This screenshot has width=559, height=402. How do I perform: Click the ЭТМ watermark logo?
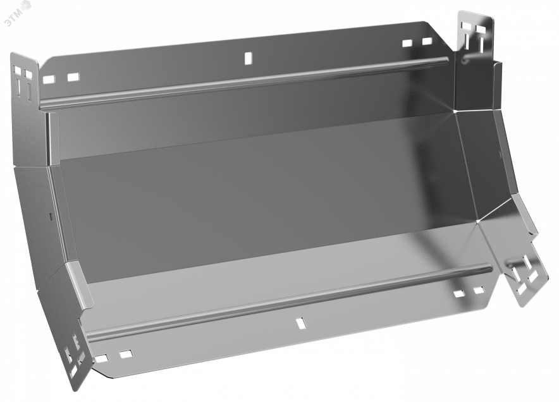[x=18, y=13]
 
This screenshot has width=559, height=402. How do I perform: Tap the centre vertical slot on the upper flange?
[x=248, y=58]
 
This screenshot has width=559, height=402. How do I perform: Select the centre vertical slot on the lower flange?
[x=300, y=323]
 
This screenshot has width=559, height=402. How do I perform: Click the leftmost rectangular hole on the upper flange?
[x=49, y=79]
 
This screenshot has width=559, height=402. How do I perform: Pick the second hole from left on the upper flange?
[x=73, y=76]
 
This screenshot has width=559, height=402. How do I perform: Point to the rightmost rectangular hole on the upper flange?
[x=427, y=41]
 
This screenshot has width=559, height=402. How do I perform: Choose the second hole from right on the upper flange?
[x=407, y=43]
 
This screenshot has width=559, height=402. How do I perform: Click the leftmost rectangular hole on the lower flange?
[x=102, y=358]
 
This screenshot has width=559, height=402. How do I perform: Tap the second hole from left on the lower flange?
[x=125, y=354]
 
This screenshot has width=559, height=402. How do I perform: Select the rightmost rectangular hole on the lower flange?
[x=479, y=290]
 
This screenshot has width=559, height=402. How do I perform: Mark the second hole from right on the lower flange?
[x=459, y=294]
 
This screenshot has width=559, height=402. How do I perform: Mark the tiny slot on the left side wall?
[x=50, y=216]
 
